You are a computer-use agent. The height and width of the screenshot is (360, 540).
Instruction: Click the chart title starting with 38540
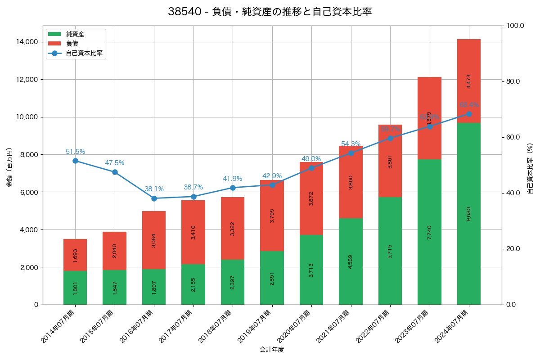point(270,12)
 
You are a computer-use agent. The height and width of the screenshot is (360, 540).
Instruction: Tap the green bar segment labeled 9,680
point(469,214)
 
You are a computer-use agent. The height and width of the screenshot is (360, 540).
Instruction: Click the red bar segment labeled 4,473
point(469,81)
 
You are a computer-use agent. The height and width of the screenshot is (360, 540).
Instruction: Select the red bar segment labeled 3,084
point(154,240)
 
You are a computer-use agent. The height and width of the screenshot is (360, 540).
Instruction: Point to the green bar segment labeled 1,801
point(75,288)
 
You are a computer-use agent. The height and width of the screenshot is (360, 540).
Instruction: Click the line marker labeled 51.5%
point(75,161)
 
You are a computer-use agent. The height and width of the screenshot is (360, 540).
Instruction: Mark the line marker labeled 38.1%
point(154,198)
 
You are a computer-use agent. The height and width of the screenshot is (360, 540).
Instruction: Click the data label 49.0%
point(311,159)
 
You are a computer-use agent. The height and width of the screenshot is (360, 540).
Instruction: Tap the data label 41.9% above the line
point(232,179)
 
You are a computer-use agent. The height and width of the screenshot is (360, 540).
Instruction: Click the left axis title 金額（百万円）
point(9,167)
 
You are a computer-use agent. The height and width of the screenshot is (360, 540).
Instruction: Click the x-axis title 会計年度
point(272,350)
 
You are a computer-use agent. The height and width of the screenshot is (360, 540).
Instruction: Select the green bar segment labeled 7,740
point(429,232)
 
